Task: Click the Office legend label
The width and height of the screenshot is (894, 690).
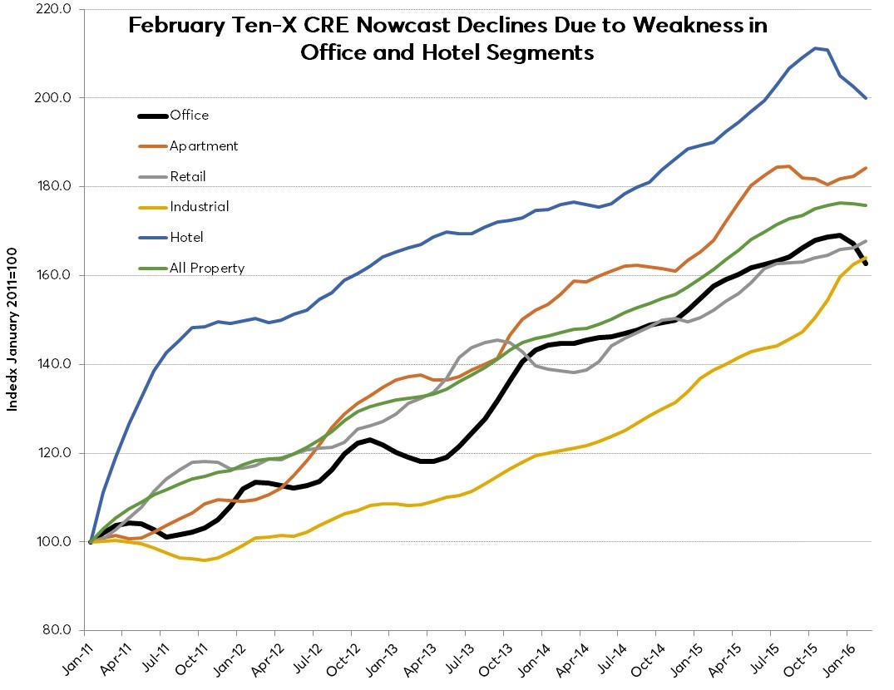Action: click(189, 115)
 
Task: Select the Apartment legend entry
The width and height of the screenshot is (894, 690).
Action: click(204, 145)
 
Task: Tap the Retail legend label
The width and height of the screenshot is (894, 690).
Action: click(187, 176)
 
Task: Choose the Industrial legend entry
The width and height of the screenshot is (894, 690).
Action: click(199, 206)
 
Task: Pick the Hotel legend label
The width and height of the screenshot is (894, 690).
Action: click(186, 237)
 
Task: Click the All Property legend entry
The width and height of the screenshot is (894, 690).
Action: click(206, 268)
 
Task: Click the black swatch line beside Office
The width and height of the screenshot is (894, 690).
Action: click(152, 116)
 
